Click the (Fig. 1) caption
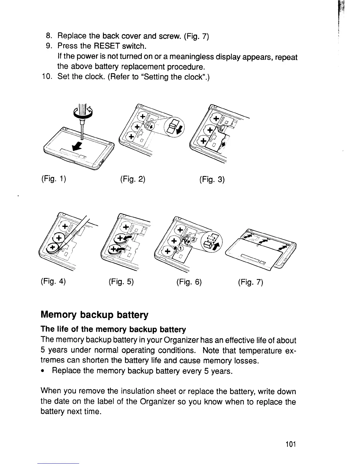53,179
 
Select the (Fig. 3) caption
212,179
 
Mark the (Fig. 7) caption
251,282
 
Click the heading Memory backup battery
94,315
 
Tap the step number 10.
47,77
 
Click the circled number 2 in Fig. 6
193,239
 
